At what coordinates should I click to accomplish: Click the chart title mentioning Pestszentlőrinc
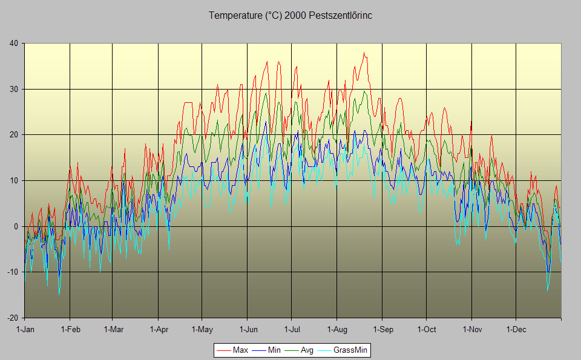point(290,16)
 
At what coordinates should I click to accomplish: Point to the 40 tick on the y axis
point(13,43)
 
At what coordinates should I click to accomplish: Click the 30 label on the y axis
point(13,89)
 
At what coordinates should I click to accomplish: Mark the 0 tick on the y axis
point(16,226)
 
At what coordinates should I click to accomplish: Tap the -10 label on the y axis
point(12,272)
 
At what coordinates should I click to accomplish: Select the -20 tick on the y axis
point(12,318)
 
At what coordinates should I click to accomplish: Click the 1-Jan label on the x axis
point(25,330)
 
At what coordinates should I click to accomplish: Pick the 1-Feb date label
point(70,330)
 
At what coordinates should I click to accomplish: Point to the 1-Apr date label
point(159,330)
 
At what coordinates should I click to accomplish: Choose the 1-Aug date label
point(336,330)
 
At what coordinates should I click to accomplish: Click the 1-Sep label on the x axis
point(382,330)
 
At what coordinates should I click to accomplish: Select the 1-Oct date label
point(426,330)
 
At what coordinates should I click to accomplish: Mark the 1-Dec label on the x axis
point(516,330)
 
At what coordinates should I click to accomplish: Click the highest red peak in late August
point(364,53)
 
